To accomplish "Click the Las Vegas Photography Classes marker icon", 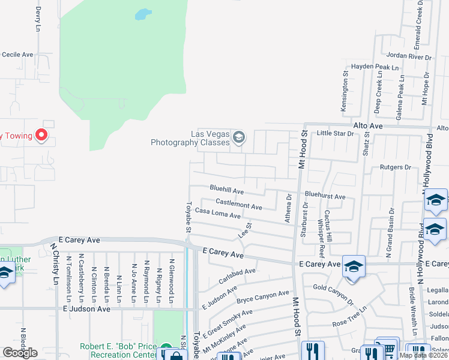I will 239,137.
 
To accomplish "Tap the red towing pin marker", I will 41,135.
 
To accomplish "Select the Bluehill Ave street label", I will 226,190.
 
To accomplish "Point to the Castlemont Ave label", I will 239,204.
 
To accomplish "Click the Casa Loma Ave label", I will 217,214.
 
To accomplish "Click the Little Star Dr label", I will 336,133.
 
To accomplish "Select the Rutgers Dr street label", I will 395,167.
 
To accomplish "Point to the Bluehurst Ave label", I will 325,196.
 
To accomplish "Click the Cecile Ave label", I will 17,55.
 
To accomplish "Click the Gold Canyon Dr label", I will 333,290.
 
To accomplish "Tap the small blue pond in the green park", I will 142,14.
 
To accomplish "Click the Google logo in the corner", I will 20,353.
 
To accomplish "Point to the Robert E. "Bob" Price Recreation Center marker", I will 166,347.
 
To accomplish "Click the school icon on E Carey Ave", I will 354,266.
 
